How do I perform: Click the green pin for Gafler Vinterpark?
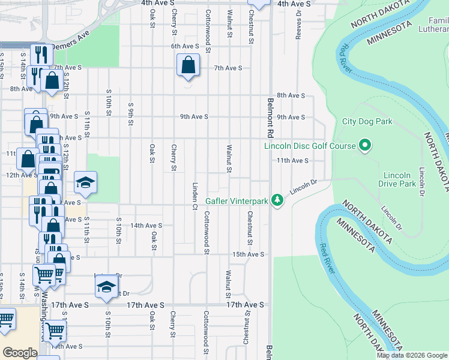coord(277,200)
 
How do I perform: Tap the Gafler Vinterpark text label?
coord(237,201)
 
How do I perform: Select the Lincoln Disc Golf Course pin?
coord(364,145)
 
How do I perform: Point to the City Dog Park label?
coord(367,121)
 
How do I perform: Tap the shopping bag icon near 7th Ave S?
coord(188,65)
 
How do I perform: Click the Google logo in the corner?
coord(19,353)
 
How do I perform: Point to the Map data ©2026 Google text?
coord(412,355)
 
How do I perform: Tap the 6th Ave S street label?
coord(184,46)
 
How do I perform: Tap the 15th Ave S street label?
coord(249,254)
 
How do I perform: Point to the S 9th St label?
coord(130,113)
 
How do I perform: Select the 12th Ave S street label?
coord(20,175)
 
